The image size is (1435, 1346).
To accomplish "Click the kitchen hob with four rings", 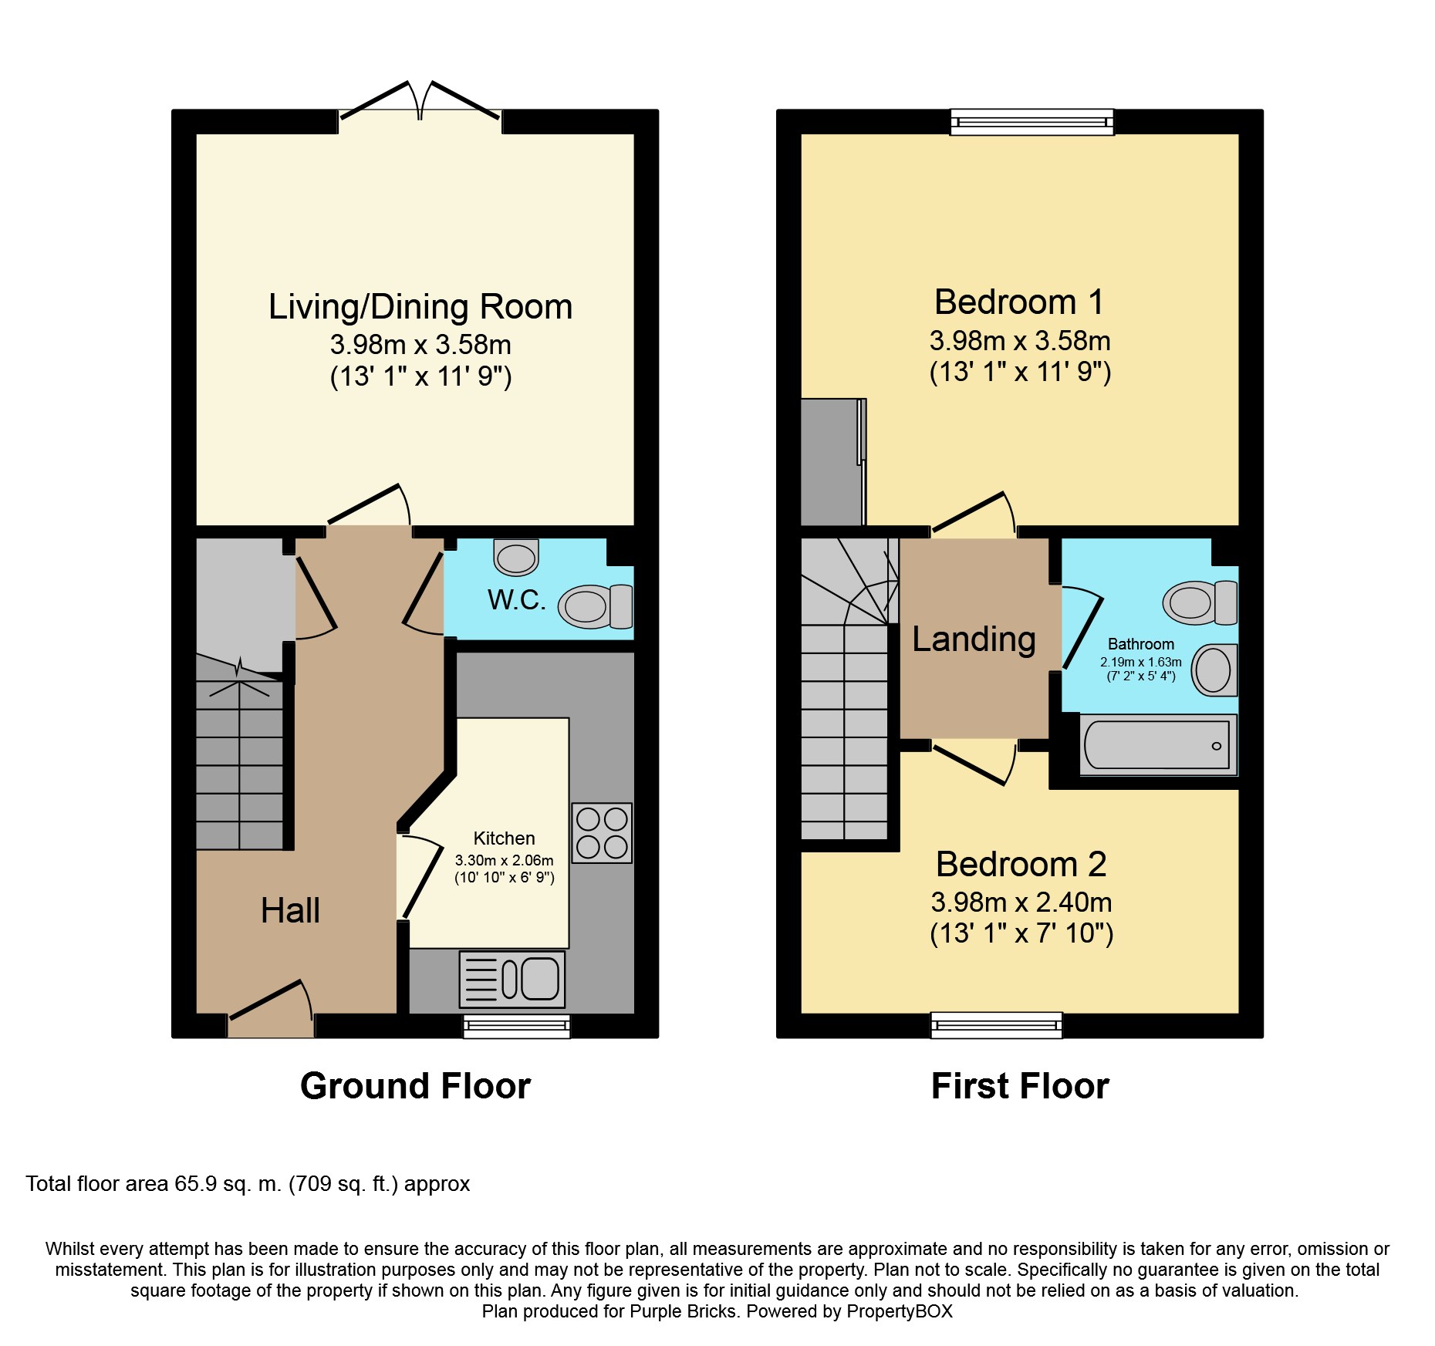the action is (x=602, y=832).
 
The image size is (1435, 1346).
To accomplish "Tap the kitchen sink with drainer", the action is (x=512, y=980).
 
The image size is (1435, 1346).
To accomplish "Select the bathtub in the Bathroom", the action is (x=1158, y=745).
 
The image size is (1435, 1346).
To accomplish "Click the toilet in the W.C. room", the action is (x=596, y=606).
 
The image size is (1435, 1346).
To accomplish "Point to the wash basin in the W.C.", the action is (x=516, y=557).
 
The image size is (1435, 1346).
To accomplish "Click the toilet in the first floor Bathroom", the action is (x=1200, y=602).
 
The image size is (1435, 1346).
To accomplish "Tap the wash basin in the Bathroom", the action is (x=1215, y=670).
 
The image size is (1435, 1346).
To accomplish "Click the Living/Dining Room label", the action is (x=420, y=306).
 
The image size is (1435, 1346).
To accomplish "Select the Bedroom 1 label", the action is (x=1019, y=302).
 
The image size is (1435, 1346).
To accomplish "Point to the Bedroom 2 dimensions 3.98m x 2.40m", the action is (x=1021, y=902).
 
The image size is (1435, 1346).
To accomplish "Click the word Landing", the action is (x=974, y=639).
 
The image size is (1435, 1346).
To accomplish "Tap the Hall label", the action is (x=290, y=910).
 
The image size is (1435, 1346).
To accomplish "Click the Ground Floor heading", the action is (x=415, y=1086).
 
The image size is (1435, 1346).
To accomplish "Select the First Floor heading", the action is (x=1020, y=1086).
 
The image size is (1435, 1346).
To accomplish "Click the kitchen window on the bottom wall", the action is (x=517, y=1026).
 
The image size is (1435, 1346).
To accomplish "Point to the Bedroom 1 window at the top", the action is (x=1032, y=122).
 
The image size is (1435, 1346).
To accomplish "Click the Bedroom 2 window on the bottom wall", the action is (x=997, y=1025).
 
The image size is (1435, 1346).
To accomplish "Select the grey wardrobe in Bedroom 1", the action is (x=833, y=462).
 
